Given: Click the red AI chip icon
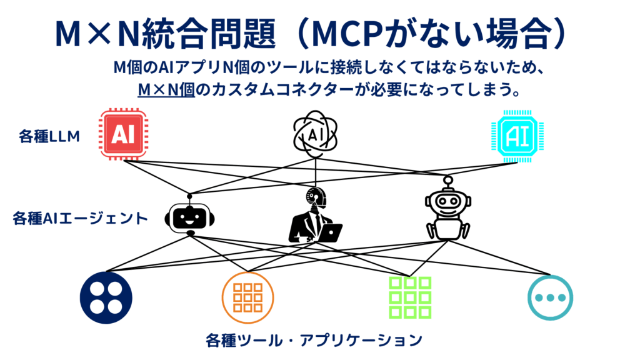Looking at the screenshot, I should tap(123, 135).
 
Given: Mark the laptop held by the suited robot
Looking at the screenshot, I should tap(329, 233).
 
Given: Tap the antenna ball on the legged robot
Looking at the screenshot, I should tap(447, 180).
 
